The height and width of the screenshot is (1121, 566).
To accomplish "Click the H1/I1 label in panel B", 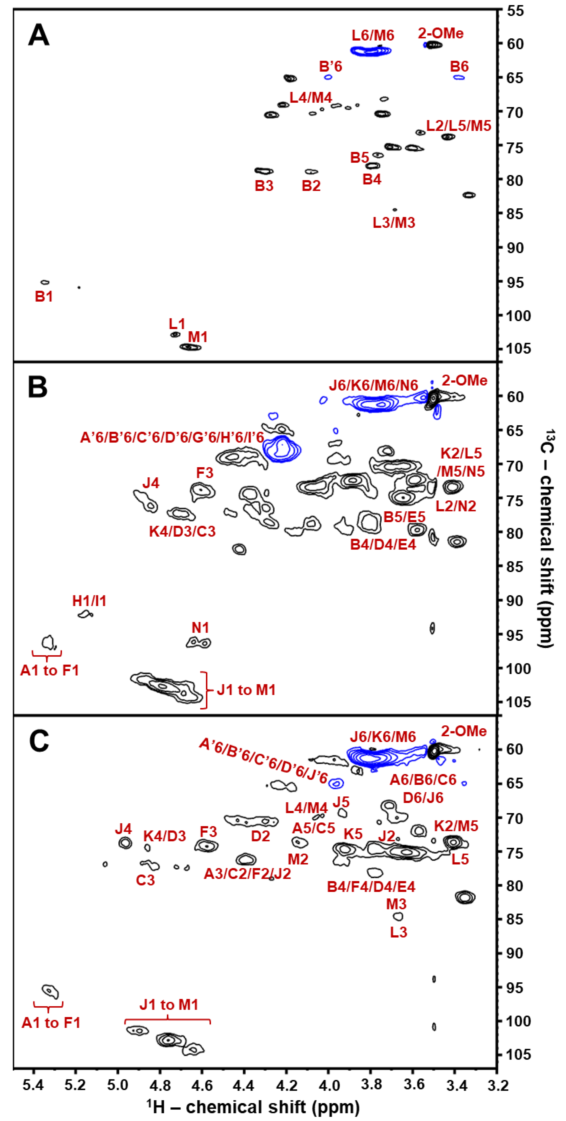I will point(89,601).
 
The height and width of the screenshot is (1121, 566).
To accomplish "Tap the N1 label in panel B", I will point(200,628).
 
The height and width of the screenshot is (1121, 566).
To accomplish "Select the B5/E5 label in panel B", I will point(404,517).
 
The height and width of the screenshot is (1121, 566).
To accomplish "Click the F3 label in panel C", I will point(208,832).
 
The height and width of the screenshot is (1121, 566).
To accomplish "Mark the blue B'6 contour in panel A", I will point(328,77).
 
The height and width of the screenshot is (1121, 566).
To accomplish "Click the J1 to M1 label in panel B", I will point(246,690).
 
